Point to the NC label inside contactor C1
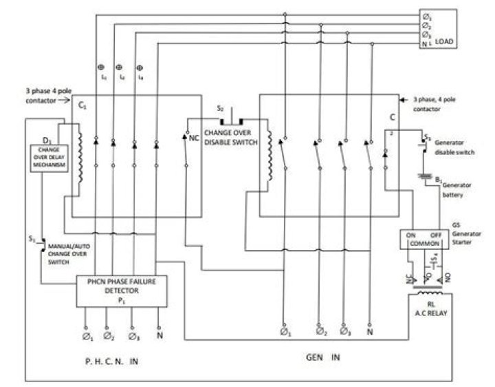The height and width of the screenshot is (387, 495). pyautogui.click(x=194, y=137)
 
